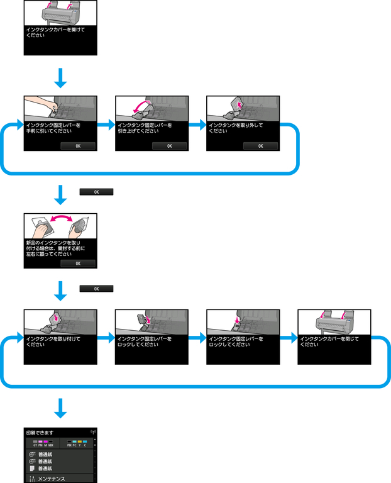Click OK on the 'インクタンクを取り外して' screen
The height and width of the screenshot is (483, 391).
click(260, 146)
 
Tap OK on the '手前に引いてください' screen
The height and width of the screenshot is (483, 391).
click(78, 146)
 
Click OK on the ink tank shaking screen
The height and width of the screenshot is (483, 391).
click(78, 264)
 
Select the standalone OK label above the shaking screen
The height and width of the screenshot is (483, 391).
click(96, 191)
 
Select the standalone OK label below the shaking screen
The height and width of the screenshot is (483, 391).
click(96, 289)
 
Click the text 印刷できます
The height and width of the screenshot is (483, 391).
click(40, 433)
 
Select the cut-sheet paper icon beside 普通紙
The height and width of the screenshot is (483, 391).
click(31, 469)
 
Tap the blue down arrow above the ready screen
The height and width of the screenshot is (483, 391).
click(60, 408)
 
